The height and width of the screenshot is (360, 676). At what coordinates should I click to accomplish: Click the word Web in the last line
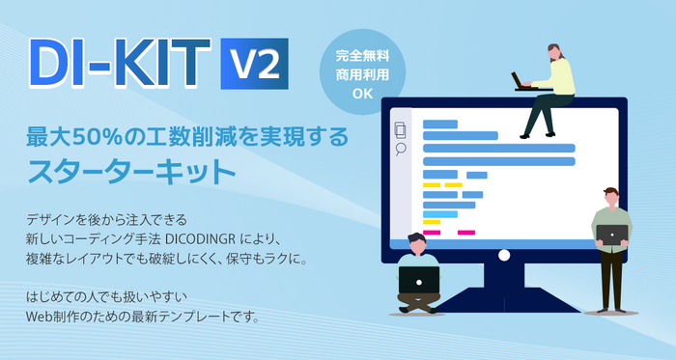click(x=43, y=316)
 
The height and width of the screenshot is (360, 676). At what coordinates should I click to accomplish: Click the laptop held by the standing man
click(x=610, y=234)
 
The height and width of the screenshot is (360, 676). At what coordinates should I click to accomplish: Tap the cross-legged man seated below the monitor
click(x=419, y=275)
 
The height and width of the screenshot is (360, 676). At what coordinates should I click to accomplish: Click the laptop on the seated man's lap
click(x=419, y=281)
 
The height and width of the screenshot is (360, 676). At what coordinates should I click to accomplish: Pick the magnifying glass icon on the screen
click(x=401, y=151)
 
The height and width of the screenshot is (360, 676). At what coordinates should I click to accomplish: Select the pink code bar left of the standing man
click(x=465, y=233)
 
